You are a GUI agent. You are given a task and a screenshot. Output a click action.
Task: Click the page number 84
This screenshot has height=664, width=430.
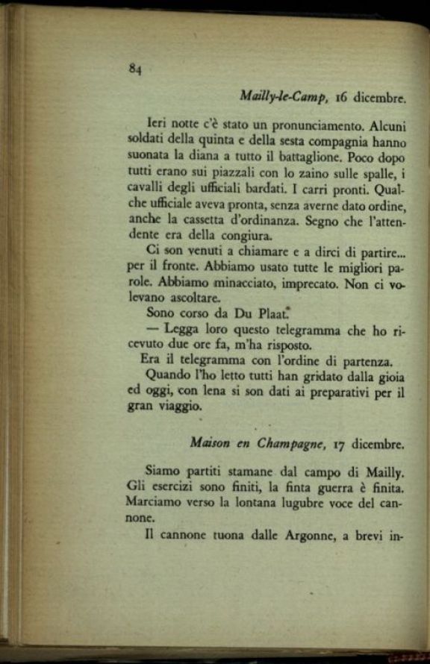tap(135, 68)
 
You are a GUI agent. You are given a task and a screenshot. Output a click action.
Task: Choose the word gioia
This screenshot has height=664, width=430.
tap(387, 376)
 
